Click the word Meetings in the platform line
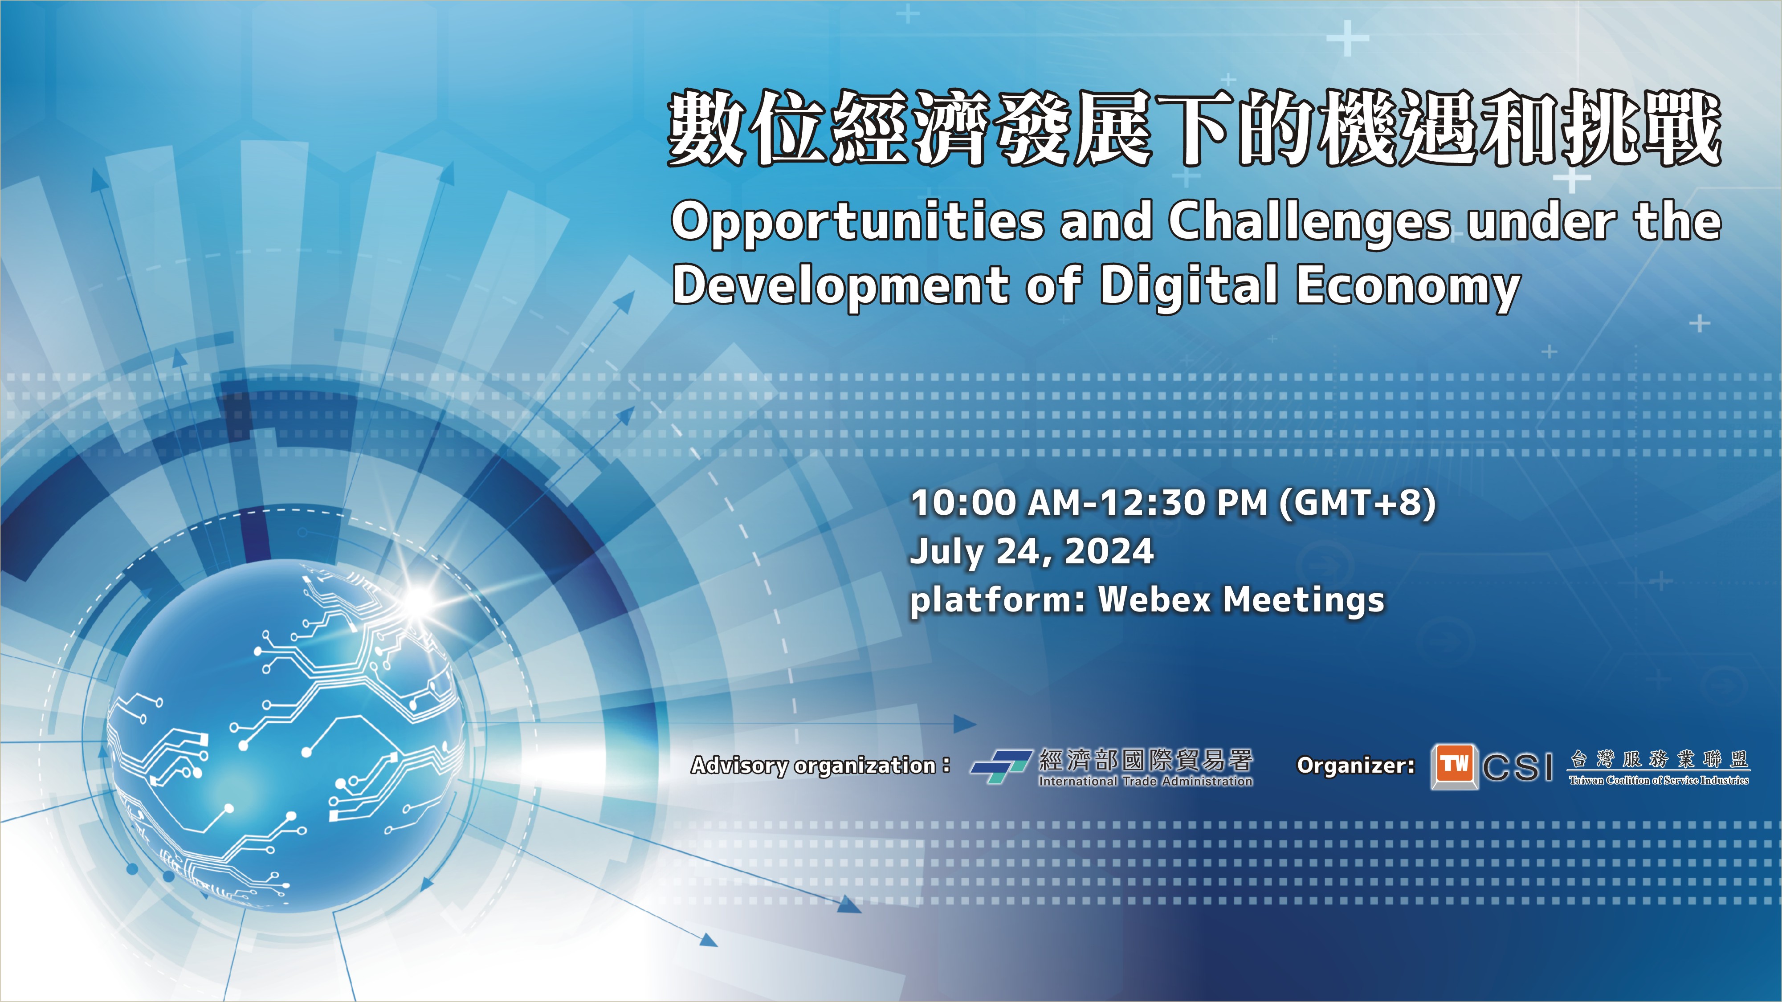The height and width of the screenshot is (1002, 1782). pos(1304,600)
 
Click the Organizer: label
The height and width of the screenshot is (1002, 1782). pos(1355,766)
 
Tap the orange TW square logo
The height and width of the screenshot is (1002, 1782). pos(1454,766)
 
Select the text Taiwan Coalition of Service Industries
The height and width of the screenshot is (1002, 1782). pos(1659,781)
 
